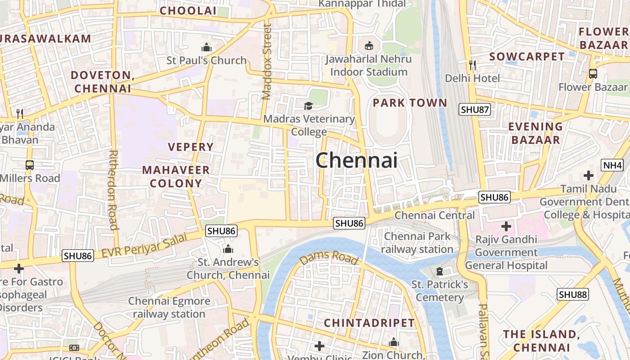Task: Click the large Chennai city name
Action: pos(356,160)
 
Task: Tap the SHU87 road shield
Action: pos(475,109)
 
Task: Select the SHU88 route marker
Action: pos(573,295)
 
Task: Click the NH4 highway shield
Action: pos(612,165)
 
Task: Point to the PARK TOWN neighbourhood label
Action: pos(410,103)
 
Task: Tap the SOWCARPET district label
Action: pos(526,56)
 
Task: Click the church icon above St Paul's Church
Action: pos(207,47)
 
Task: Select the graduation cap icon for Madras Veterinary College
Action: pos(308,106)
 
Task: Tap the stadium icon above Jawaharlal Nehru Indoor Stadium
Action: pos(369,45)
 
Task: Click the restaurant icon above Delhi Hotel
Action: pos(472,65)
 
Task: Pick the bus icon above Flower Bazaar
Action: pos(593,73)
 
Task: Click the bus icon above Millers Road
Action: pos(30,165)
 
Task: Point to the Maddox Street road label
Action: pos(267,62)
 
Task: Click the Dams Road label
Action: pos(329,258)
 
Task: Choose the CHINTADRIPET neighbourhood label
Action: pos(369,323)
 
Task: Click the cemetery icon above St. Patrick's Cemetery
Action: pos(440,271)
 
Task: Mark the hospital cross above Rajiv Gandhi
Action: pos(506,226)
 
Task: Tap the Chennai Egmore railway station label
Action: pos(169,307)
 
